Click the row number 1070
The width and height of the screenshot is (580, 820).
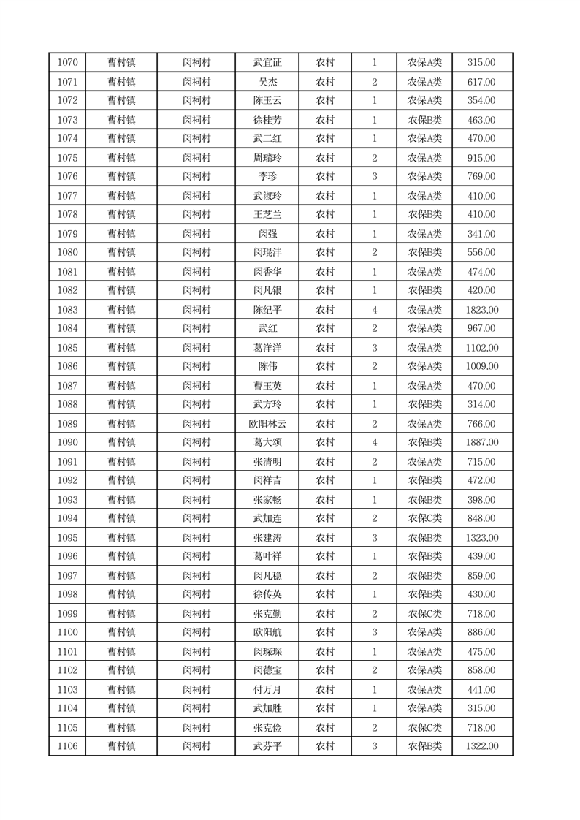pos(67,63)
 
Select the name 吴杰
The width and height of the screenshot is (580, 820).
pos(267,82)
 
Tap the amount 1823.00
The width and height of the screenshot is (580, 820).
pos(481,310)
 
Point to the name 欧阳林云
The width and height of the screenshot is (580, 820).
pos(267,424)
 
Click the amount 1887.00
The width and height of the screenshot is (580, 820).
pos(481,442)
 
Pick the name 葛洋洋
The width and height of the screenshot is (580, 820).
pos(267,348)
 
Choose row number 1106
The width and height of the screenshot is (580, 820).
pos(67,746)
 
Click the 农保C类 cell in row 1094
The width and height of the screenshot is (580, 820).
pos(424,518)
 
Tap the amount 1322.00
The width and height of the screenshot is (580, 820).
pos(481,746)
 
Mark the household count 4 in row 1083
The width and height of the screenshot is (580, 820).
pos(374,310)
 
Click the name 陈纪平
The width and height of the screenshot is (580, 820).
pos(267,310)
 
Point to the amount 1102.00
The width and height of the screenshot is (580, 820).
pos(481,348)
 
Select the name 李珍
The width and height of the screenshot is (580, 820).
pos(267,176)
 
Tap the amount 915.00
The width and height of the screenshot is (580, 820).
pos(481,158)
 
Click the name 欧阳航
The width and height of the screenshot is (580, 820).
pos(267,632)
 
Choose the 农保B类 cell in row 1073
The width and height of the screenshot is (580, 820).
pos(424,120)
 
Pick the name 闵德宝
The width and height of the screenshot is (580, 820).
pos(267,670)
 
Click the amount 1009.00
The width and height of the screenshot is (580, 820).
pos(481,366)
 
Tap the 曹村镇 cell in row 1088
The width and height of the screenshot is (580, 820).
pos(121,404)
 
